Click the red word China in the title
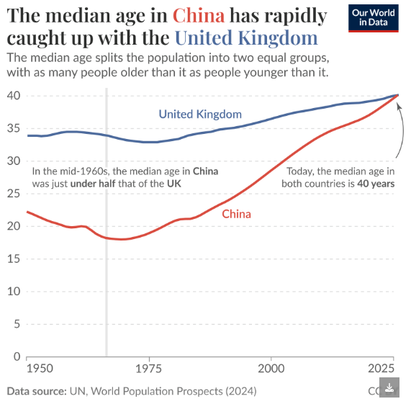[199, 16]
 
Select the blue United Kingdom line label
[200, 114]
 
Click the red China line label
[236, 214]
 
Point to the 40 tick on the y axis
[13, 96]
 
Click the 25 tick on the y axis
[13, 194]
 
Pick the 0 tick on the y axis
[16, 356]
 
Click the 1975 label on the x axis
[148, 369]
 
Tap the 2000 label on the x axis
[271, 369]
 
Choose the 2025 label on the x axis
[381, 369]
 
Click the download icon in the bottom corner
[389, 389]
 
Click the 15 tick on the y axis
[13, 259]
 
